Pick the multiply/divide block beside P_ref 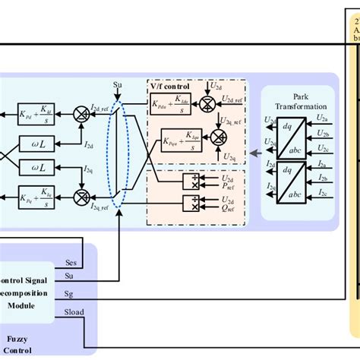(x=191, y=182)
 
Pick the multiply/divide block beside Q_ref (x=191, y=202)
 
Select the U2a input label (x=324, y=121)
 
